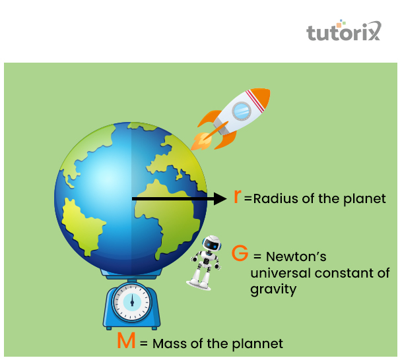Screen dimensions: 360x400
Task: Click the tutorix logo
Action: coord(343,32)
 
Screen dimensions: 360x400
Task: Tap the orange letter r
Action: coord(238,197)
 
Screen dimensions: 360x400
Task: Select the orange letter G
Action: coord(240,255)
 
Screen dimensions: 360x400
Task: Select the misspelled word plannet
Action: coord(257,344)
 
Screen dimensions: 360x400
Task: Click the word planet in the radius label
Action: coord(365,198)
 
